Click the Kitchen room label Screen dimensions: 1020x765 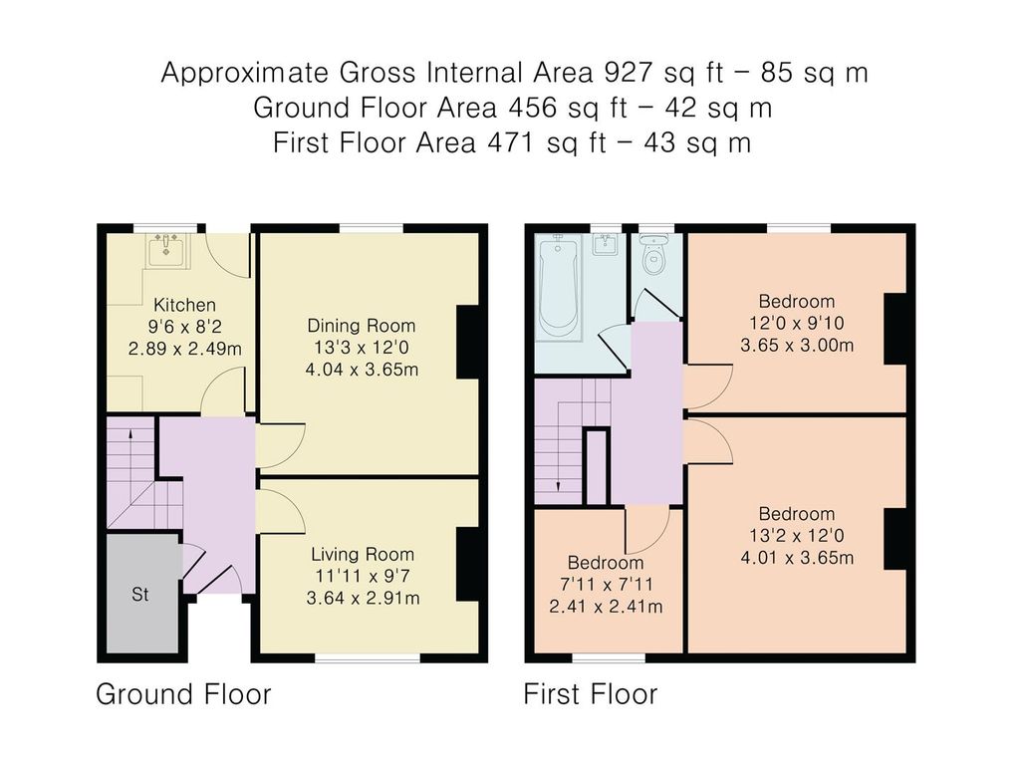click(x=184, y=305)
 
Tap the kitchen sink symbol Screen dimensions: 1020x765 click(x=166, y=250)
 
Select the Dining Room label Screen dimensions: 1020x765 click(x=361, y=326)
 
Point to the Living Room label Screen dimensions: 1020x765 click(x=363, y=554)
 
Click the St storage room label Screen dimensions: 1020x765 click(x=139, y=595)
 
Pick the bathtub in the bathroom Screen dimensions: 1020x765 click(x=558, y=285)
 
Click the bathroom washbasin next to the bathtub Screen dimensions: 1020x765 click(x=606, y=245)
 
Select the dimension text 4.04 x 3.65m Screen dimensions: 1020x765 click(x=362, y=370)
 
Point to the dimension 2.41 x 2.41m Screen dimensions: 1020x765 click(x=606, y=607)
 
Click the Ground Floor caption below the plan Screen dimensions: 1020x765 click(x=183, y=694)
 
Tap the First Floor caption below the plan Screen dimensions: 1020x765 click(x=591, y=694)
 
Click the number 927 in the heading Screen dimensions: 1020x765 click(x=629, y=73)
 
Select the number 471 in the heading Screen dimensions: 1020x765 click(x=513, y=143)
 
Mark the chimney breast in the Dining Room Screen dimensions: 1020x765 click(x=468, y=343)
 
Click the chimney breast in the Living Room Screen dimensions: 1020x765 click(x=468, y=564)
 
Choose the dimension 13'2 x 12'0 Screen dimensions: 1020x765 click(x=797, y=535)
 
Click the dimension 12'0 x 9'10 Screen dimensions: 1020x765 click(x=797, y=324)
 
